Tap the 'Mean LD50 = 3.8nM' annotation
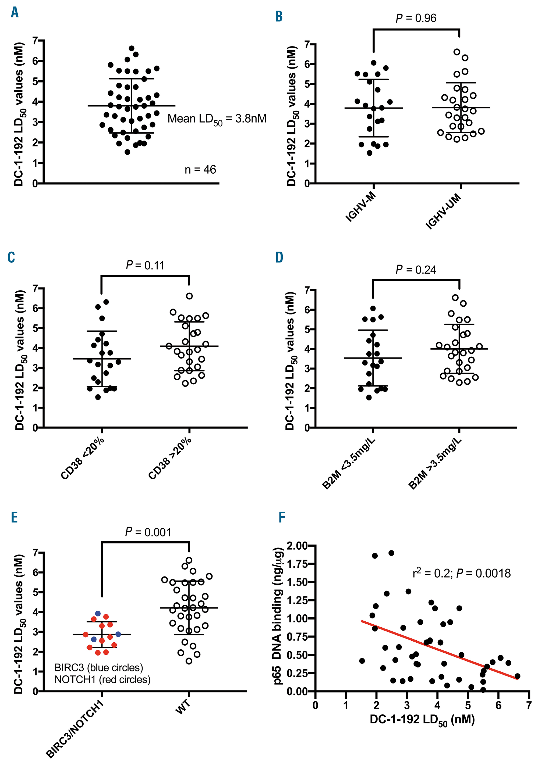217,119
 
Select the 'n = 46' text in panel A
200,170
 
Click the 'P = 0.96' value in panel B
416,18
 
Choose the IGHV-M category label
361,207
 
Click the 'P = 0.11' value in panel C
145,265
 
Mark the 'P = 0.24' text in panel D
416,270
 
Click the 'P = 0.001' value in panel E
148,532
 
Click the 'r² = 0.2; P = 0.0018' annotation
462,573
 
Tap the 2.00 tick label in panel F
297,546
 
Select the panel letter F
282,517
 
